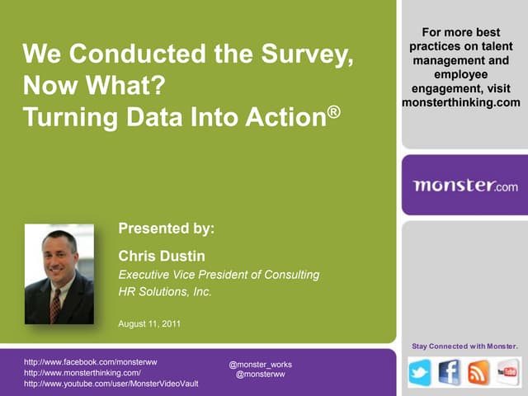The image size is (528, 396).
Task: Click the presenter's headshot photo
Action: (59, 274)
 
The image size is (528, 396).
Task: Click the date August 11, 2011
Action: (152, 323)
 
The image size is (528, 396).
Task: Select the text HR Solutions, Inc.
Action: (165, 291)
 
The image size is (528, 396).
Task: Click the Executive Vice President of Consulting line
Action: (219, 275)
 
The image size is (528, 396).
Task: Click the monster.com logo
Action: (465, 186)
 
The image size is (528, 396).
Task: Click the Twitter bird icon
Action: (420, 373)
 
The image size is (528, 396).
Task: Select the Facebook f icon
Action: (450, 373)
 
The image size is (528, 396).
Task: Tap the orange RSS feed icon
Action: (478, 373)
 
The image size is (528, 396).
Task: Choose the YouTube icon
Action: (507, 373)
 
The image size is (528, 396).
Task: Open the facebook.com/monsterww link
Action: (91, 361)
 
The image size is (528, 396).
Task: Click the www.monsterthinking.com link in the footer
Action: (82, 372)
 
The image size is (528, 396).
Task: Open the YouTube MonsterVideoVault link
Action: (111, 384)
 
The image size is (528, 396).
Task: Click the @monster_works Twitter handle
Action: (260, 364)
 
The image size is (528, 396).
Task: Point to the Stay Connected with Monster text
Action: (464, 344)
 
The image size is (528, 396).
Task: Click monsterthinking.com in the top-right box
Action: (461, 102)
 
